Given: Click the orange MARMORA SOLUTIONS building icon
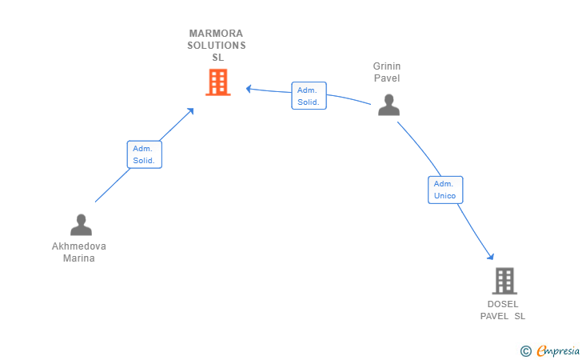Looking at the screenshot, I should pyautogui.click(x=217, y=82).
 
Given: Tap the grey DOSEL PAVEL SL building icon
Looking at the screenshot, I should pyautogui.click(x=504, y=281).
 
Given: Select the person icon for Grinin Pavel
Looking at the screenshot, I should pyautogui.click(x=389, y=105).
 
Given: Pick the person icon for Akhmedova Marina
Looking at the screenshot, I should pyautogui.click(x=81, y=225).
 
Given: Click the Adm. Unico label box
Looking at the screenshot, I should pyautogui.click(x=445, y=190).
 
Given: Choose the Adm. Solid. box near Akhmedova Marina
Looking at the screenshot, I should pyautogui.click(x=144, y=154).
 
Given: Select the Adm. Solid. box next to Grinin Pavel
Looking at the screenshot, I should pyautogui.click(x=309, y=96).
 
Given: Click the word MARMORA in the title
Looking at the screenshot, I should pyautogui.click(x=216, y=34).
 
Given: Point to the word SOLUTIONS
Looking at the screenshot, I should pyautogui.click(x=216, y=46).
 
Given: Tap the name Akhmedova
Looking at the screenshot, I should pyautogui.click(x=79, y=246).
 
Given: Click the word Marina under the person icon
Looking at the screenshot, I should pyautogui.click(x=79, y=258).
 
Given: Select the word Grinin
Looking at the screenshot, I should pyautogui.click(x=387, y=66).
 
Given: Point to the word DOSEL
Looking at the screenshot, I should pyautogui.click(x=503, y=304).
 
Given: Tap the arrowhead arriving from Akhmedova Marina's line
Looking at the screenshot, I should pyautogui.click(x=190, y=111).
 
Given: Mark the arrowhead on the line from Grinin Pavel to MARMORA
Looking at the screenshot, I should pyautogui.click(x=249, y=88).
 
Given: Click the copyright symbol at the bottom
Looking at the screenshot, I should pyautogui.click(x=525, y=350).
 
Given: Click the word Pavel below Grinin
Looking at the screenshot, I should pyautogui.click(x=388, y=78).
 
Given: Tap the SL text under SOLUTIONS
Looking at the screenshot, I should pyautogui.click(x=217, y=58).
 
